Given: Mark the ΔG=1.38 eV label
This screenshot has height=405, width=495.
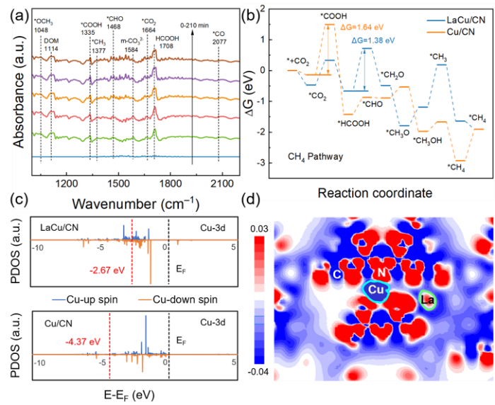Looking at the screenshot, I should (373, 42).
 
